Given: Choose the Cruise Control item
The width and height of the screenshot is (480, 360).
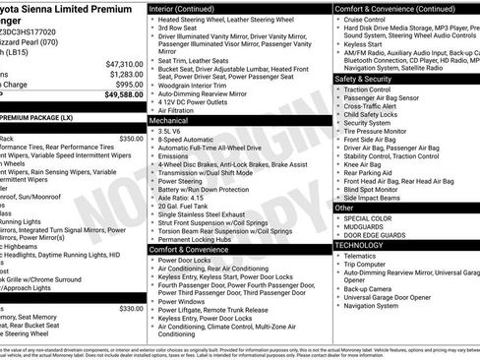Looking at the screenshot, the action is pyautogui.click(x=365, y=19).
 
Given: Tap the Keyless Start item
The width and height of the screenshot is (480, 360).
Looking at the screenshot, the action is pyautogui.click(x=362, y=44).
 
